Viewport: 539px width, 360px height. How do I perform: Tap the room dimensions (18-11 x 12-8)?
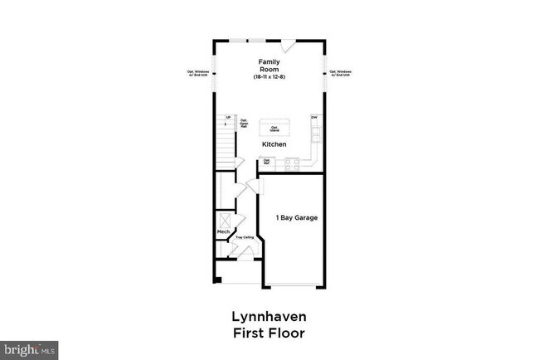pos(268,77)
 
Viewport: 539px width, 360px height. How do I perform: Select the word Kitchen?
pos(274,144)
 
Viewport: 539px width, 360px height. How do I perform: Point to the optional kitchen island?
pos(274,128)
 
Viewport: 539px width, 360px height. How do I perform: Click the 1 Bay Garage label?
pos(297,218)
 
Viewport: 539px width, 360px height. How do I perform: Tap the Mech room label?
pos(223,231)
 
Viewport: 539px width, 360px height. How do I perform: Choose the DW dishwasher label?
pos(314,118)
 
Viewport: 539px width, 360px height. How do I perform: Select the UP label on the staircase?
pos(228,118)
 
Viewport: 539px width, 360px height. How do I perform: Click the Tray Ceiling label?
pos(244,238)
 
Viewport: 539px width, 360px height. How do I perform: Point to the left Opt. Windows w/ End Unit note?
pos(200,73)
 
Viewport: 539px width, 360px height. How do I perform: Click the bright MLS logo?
pos(30,349)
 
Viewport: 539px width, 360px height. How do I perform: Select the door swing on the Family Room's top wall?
pos(286,44)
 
